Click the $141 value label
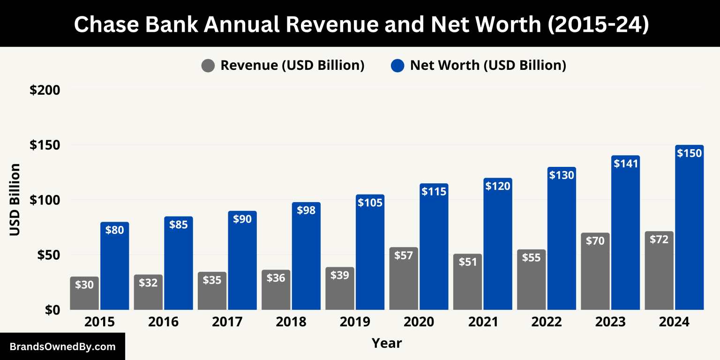(x=625, y=164)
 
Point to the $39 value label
(x=340, y=275)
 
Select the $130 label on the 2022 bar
(x=562, y=175)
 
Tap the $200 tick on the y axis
(x=45, y=90)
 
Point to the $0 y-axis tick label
(x=52, y=310)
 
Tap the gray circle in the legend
(x=208, y=66)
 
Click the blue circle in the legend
(x=397, y=66)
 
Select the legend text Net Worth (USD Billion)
(x=488, y=66)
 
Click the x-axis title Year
(x=387, y=343)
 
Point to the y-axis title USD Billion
(x=15, y=200)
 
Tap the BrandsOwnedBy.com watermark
(x=62, y=347)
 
